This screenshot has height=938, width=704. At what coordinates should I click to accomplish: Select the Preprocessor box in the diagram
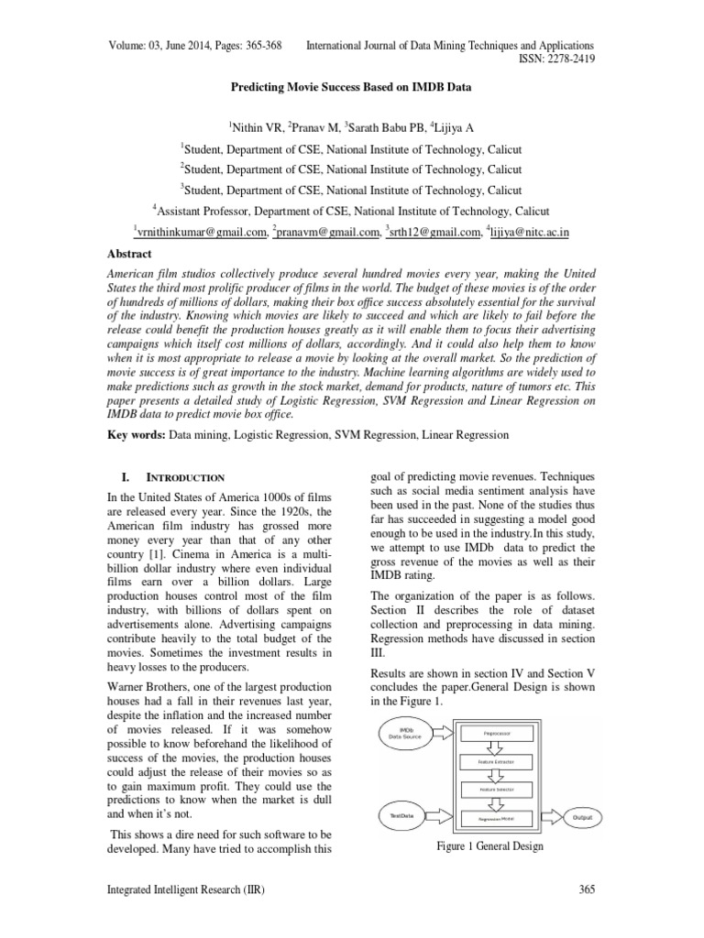[x=498, y=733]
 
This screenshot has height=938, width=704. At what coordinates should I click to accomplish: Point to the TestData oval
[x=404, y=815]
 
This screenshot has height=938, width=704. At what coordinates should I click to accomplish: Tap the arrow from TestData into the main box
[x=445, y=815]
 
